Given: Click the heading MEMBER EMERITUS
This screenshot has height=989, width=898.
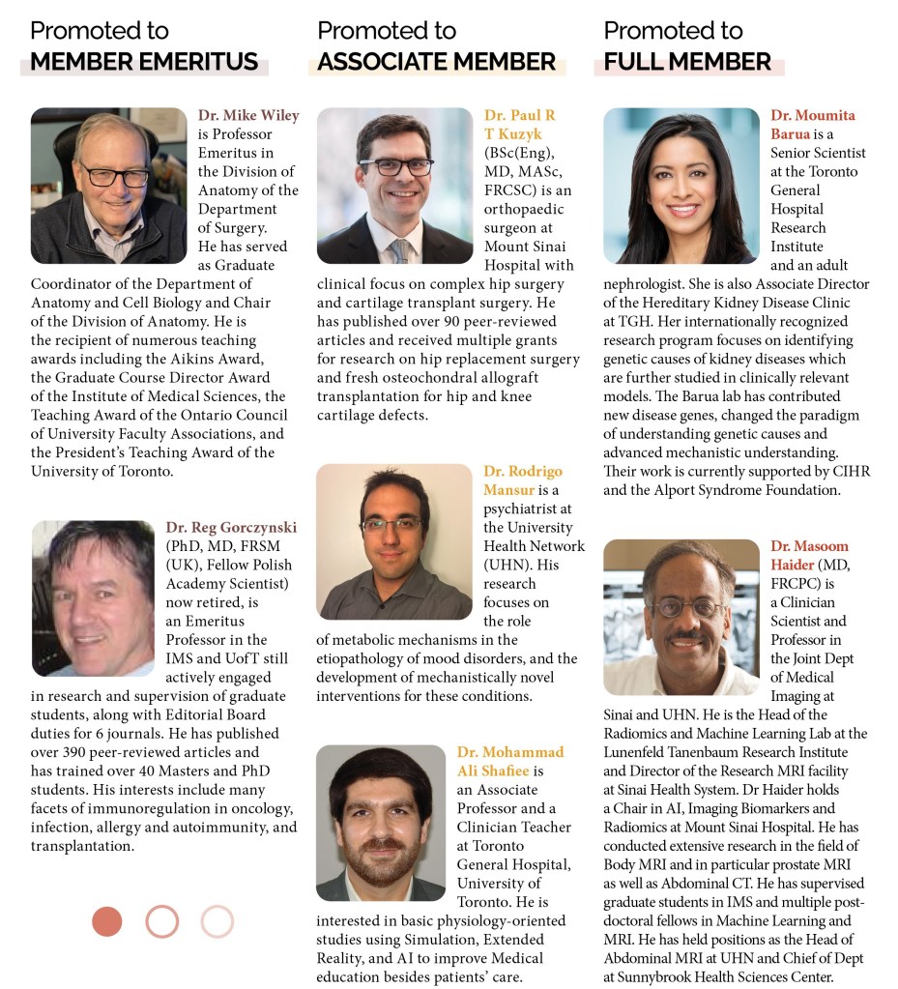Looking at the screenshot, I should (x=144, y=63).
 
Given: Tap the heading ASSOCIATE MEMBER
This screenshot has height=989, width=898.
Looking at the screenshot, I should (x=437, y=63).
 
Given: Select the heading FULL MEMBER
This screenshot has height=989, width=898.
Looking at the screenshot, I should (x=687, y=63).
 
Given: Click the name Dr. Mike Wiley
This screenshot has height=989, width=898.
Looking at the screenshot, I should (x=248, y=115).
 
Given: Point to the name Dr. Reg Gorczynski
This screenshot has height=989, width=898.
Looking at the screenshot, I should (x=231, y=527).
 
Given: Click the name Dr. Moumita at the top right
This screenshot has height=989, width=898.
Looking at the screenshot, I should (x=813, y=115).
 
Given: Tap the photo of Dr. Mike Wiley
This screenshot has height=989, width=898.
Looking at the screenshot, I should (x=108, y=186).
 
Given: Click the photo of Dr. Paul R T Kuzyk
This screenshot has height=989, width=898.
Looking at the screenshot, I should (x=394, y=186).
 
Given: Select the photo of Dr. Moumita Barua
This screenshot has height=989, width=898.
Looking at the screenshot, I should (x=681, y=186).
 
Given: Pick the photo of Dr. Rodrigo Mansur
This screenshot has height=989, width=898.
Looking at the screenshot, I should (x=394, y=541).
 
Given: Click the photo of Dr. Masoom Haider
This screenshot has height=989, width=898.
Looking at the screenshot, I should (x=681, y=617).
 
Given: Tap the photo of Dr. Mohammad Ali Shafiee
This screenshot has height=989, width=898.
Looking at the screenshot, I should (x=381, y=823).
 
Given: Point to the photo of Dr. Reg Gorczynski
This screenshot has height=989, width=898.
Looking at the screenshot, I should (x=93, y=598).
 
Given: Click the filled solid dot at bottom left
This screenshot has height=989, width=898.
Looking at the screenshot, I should (x=107, y=921).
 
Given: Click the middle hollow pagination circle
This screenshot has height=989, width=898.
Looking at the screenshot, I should (x=162, y=921).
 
